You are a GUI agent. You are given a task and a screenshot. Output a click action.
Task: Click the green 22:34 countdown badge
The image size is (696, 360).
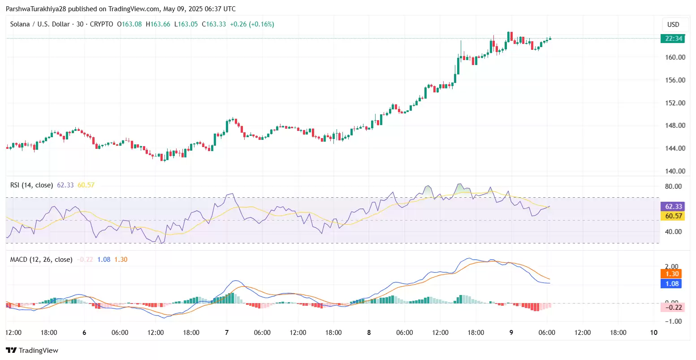[x=673, y=39]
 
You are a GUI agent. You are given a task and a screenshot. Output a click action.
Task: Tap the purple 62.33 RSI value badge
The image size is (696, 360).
[x=673, y=206]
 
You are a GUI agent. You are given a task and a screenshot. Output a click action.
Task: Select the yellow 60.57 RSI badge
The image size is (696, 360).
[x=673, y=216]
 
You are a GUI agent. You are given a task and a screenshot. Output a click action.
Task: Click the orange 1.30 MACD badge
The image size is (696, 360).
[x=671, y=274]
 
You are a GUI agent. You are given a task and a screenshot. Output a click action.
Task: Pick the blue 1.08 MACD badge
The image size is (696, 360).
[x=671, y=283]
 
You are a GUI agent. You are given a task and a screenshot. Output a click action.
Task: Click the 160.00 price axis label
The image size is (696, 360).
[x=675, y=57]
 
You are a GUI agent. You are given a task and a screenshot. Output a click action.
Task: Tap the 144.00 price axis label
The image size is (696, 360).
[x=675, y=148]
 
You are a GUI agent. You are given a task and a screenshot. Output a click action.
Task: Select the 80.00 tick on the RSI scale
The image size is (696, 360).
[x=673, y=187]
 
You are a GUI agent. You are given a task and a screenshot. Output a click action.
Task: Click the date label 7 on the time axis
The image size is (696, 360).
[x=227, y=333]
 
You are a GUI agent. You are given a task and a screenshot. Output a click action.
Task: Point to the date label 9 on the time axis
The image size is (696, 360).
[x=511, y=333]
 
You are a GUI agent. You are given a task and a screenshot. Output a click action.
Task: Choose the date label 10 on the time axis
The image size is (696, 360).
[x=654, y=333]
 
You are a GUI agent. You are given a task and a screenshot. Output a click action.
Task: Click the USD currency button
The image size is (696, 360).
[x=673, y=25]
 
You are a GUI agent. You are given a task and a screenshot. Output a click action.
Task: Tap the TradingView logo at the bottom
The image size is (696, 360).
[x=32, y=351]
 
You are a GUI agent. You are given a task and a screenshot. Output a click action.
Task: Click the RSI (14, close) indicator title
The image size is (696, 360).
[x=32, y=185]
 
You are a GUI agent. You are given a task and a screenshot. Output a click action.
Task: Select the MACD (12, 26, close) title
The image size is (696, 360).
[x=41, y=260]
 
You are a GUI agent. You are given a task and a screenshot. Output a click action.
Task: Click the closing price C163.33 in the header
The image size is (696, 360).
[x=214, y=24]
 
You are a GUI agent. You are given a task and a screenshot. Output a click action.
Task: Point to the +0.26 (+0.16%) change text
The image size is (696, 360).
[x=252, y=24]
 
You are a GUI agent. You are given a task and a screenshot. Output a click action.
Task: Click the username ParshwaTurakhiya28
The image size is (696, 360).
[x=36, y=9]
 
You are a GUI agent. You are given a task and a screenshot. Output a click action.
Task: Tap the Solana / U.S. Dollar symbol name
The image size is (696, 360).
[x=40, y=24]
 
